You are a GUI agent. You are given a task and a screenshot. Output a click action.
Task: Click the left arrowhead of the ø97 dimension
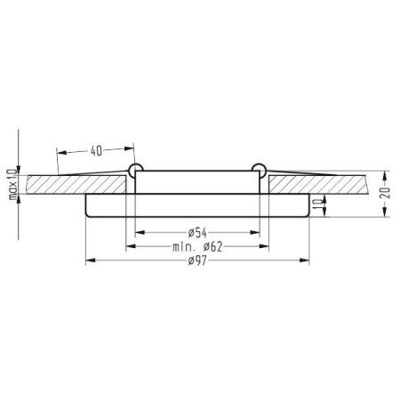click(x=90, y=260)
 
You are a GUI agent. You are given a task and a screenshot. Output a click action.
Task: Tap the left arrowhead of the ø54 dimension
click(x=140, y=232)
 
